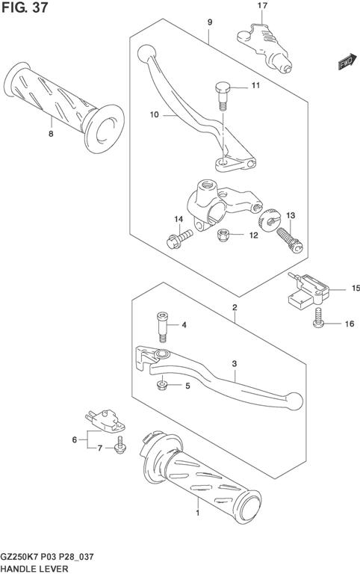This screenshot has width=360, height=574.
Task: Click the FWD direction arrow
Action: (347, 61)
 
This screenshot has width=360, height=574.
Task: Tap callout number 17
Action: (262, 5)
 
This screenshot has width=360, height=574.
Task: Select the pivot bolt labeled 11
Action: (223, 96)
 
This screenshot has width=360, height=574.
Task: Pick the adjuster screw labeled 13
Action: (289, 239)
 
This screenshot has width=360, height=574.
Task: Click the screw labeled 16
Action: (319, 318)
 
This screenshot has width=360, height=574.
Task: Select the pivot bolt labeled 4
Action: (162, 327)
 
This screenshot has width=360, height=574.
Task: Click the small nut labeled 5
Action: (161, 385)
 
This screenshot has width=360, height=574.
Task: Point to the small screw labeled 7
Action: (120, 445)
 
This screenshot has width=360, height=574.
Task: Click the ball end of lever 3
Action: (295, 401)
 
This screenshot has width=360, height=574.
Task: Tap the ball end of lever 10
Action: (146, 54)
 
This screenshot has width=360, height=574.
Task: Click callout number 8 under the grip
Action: (51, 134)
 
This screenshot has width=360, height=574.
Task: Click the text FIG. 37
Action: (25, 7)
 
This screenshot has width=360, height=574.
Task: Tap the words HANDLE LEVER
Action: (35, 569)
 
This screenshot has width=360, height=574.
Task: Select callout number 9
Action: (210, 22)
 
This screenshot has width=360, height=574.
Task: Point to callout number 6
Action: (75, 439)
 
